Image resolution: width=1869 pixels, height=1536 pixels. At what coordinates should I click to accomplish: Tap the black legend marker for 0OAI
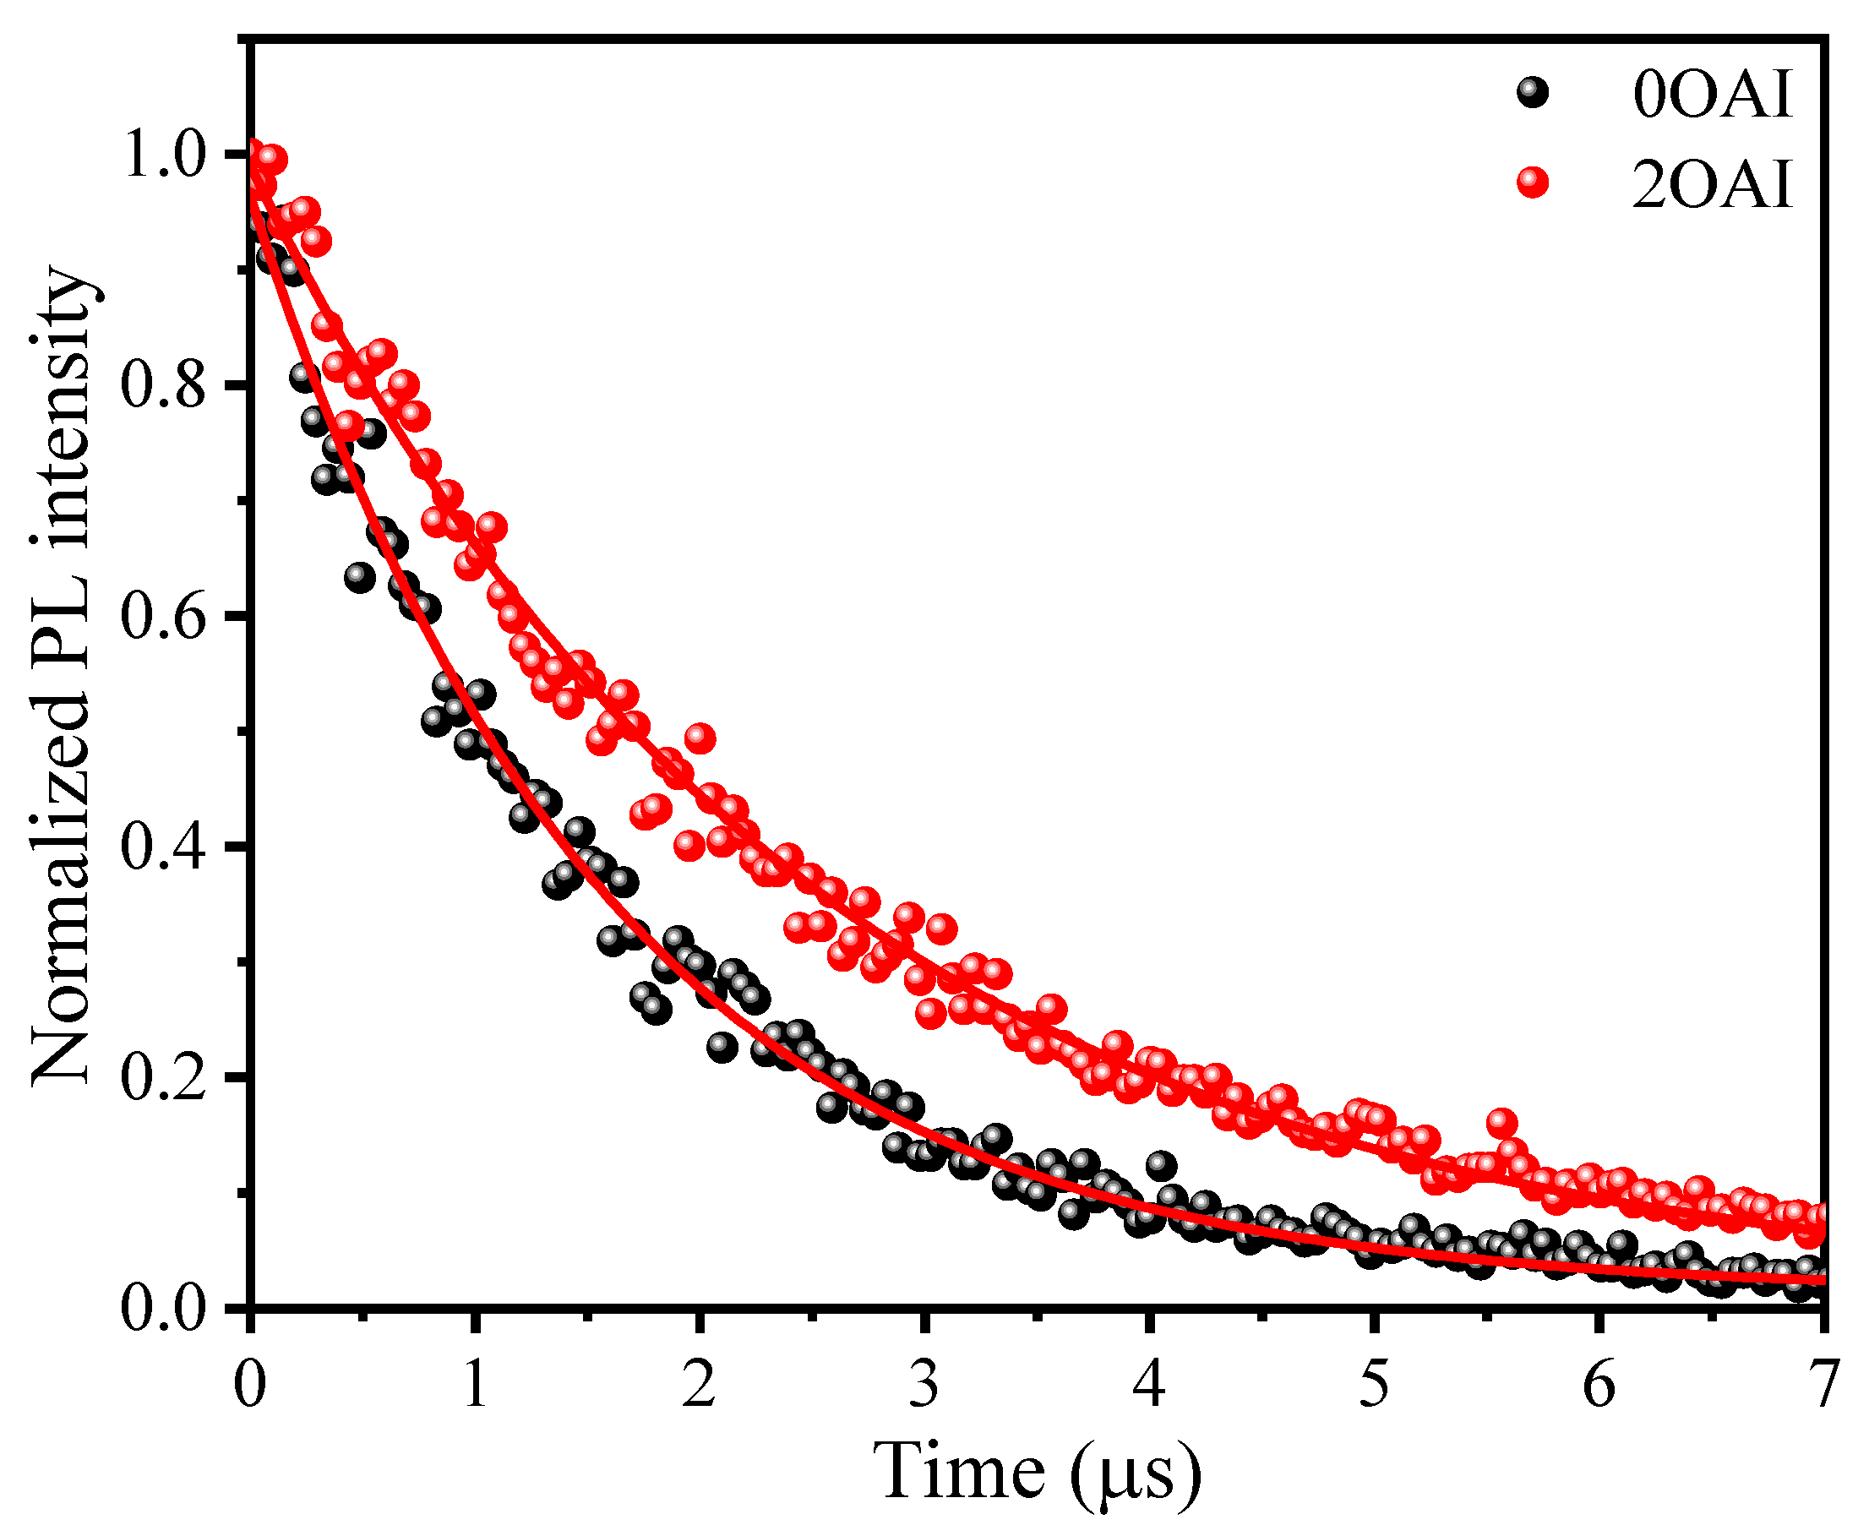(1533, 93)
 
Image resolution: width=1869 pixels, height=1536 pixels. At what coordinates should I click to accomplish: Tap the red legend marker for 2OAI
(1533, 183)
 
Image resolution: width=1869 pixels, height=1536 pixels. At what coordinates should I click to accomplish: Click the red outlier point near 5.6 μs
(1501, 1123)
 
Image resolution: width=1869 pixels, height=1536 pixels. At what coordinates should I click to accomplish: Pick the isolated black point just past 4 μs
(1161, 1165)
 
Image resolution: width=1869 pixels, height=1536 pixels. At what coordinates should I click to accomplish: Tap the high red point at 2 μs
(700, 738)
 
